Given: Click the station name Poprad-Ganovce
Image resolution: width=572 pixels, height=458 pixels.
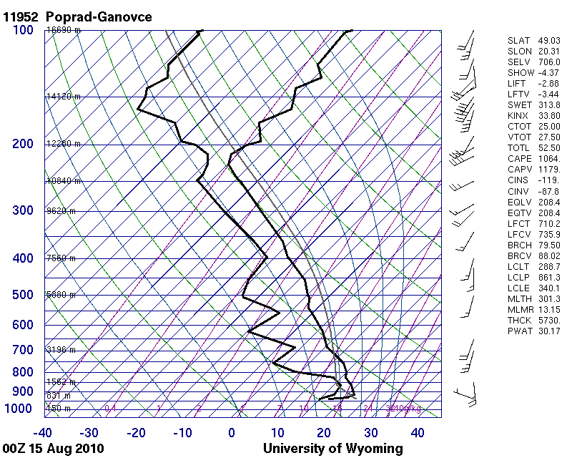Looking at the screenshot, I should [99, 16].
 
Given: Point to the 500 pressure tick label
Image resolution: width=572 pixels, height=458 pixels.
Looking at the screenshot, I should [23, 295].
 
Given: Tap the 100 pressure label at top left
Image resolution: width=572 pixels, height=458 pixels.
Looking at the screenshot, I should [23, 29].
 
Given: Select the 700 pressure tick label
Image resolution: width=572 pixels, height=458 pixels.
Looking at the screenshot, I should [23, 350].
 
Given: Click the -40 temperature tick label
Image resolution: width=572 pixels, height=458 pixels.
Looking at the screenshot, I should [43, 433].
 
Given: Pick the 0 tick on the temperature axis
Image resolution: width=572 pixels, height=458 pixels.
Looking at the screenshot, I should [232, 433].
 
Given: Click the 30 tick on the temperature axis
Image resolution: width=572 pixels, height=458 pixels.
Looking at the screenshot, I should [371, 433].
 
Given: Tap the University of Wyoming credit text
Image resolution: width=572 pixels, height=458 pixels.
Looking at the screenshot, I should [332, 449].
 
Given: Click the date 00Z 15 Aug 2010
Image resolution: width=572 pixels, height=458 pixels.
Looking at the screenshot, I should [53, 449].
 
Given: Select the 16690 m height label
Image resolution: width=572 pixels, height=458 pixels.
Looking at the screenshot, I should [64, 30].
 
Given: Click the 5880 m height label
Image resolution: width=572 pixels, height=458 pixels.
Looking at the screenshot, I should [61, 295].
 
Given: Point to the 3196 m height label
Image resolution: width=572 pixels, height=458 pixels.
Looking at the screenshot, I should [61, 350].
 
